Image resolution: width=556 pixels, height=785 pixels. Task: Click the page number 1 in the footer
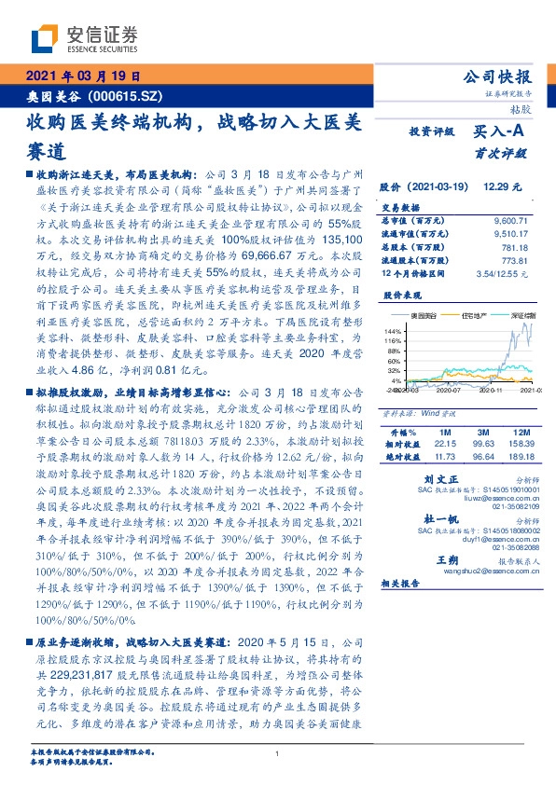point(278,754)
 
